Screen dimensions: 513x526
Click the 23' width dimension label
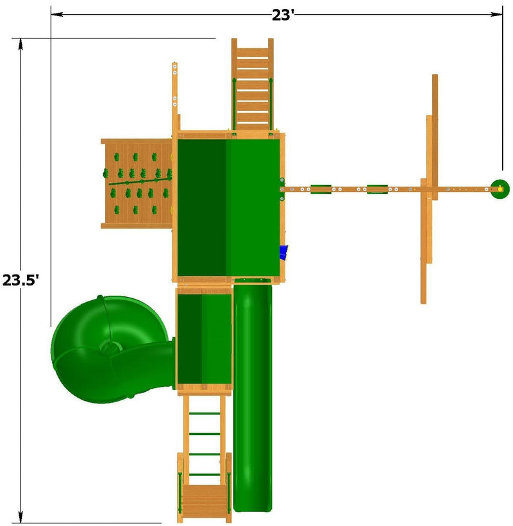point(283,15)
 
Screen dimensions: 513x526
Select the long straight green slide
point(253,398)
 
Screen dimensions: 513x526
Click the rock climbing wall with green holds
point(137,183)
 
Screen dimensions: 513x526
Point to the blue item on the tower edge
point(284,253)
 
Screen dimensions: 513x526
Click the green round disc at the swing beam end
point(500,189)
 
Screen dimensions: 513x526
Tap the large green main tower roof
point(228,208)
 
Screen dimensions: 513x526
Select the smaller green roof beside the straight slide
point(205,339)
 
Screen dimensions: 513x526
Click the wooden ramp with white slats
point(253,85)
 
